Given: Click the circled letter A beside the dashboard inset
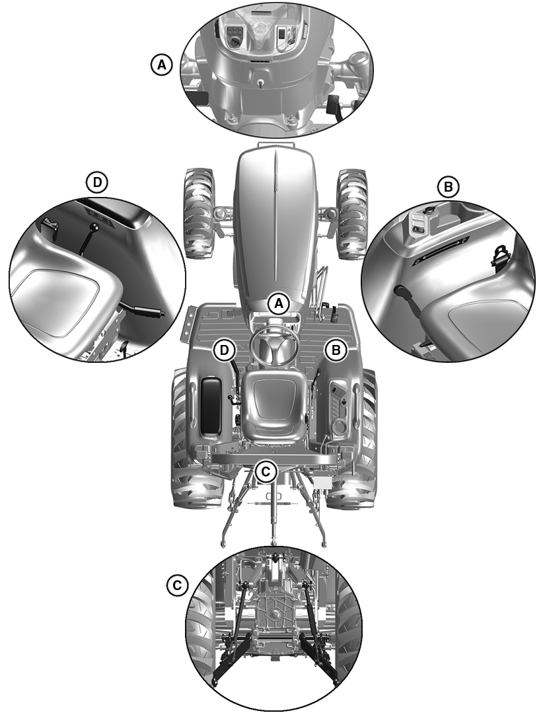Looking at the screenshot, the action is pos(161,65).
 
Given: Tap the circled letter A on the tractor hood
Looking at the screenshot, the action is pos(279,303).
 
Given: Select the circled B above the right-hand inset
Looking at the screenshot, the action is pos(448,186).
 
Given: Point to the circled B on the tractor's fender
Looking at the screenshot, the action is pos(336,350).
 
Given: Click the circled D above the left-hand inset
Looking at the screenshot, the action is pos(97,182).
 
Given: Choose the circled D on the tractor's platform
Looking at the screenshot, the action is pos(224,350).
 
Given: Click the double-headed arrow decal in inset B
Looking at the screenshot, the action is pos(441,250).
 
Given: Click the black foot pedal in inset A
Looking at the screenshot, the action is pos(334,105).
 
